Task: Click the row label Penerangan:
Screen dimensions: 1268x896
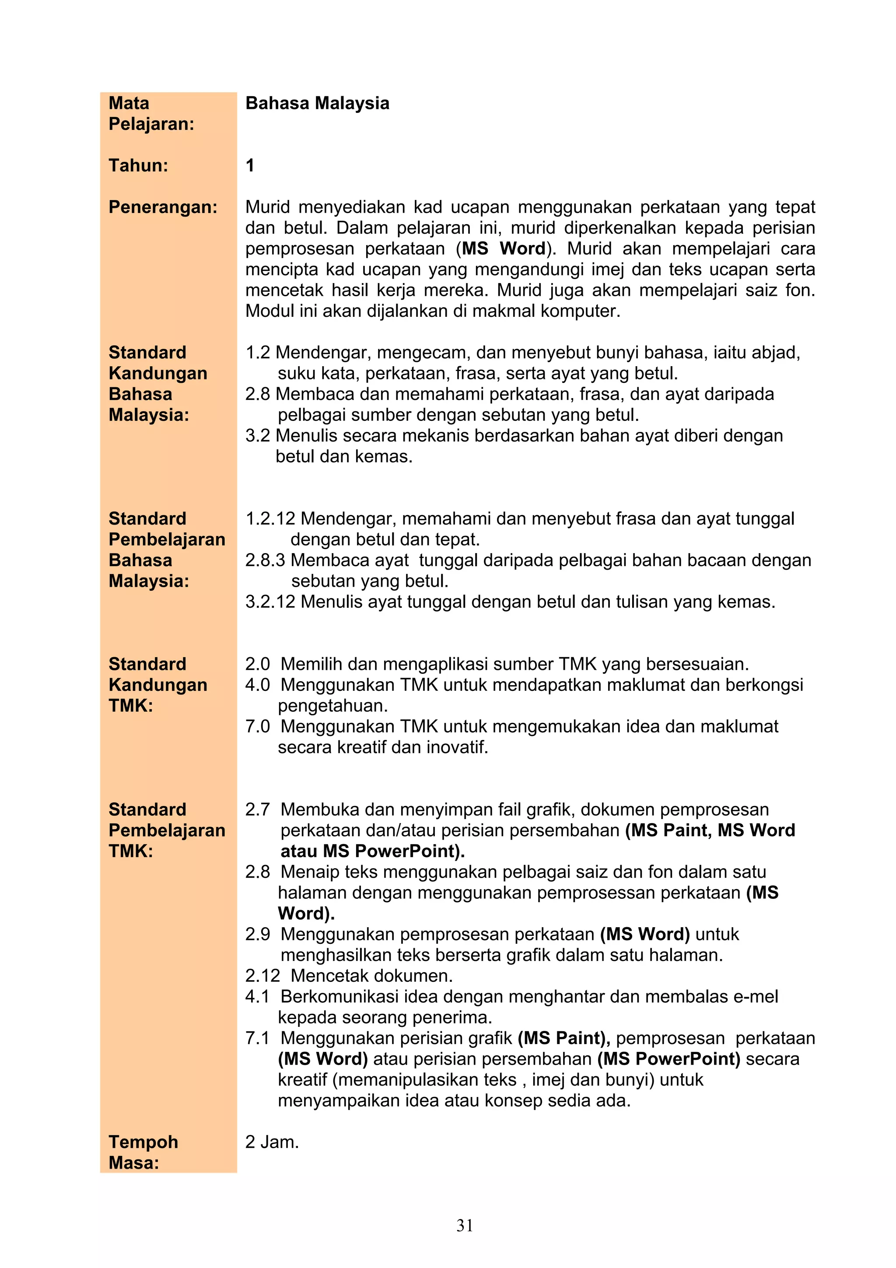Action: click(x=163, y=207)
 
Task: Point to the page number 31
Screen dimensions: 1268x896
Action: click(x=464, y=1226)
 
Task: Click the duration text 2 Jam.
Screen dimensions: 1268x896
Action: click(x=272, y=1142)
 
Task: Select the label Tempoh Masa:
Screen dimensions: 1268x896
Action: click(x=143, y=1152)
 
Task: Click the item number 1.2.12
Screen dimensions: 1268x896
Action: click(x=270, y=518)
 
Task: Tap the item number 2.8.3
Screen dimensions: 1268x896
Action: click(x=265, y=560)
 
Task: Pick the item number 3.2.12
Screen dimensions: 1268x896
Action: click(x=270, y=602)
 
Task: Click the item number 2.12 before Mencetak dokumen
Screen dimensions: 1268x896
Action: click(x=262, y=975)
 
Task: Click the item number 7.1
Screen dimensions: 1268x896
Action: click(x=257, y=1038)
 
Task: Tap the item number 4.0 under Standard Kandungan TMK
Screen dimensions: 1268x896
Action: click(x=257, y=685)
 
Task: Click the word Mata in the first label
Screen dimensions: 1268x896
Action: click(x=129, y=103)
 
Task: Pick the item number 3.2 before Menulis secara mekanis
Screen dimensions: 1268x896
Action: click(x=257, y=436)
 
